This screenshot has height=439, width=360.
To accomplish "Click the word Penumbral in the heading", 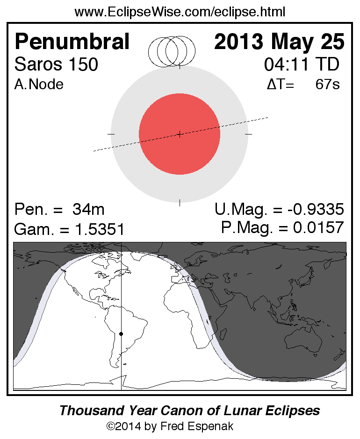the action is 72,42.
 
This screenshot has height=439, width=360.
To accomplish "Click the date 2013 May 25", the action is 279,42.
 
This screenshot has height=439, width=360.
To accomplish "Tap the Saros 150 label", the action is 57,64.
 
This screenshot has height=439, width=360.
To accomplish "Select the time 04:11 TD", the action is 302,64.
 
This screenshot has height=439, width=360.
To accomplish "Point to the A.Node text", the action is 39,85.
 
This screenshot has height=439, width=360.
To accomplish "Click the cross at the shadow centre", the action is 180,135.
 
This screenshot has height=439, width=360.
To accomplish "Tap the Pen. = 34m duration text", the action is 59,209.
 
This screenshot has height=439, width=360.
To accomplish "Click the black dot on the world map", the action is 121,334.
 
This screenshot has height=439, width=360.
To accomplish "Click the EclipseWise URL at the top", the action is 180,12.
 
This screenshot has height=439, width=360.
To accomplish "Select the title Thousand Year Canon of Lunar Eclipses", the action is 189,411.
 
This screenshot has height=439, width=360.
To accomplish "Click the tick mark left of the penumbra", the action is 111,135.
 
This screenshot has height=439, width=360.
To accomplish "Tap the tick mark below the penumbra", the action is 180,203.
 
